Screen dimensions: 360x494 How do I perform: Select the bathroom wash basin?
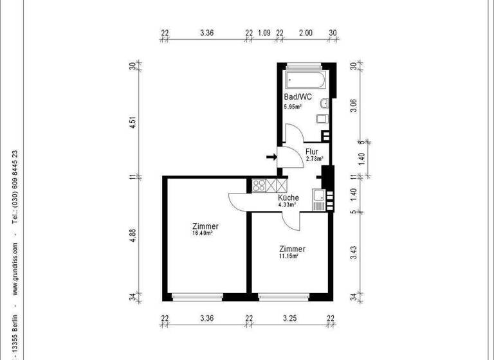pos(325,103)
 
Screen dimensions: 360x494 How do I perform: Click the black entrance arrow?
pos(270,156)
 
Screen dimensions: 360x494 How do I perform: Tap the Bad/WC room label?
pos(298,97)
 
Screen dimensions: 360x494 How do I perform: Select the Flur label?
pos(312,152)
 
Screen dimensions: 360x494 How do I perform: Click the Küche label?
pos(288,198)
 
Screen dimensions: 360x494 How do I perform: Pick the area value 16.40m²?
pos(203,233)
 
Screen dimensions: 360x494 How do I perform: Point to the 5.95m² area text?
pos(293,107)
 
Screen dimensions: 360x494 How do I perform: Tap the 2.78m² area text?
pos(314,158)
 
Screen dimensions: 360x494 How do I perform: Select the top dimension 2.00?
pos(306,33)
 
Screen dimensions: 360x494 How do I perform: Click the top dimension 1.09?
pos(264,33)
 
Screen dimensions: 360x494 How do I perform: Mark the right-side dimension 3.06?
pos(352,105)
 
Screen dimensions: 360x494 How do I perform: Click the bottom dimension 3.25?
pos(289,318)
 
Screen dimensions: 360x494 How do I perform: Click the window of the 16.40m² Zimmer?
pos(197,296)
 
